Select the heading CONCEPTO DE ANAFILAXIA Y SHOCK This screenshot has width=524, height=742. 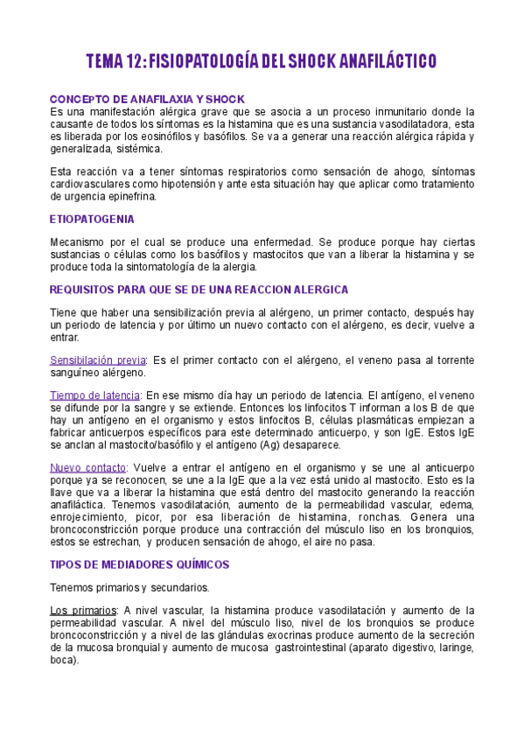point(147,99)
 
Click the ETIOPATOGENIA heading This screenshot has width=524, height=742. point(92,219)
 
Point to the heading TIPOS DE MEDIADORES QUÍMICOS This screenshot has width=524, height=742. point(140,564)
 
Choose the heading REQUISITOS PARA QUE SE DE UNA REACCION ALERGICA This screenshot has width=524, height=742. point(199,290)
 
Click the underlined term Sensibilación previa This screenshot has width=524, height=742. point(98,360)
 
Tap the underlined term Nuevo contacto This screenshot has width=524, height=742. point(88,467)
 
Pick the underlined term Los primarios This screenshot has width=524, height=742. point(85,610)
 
